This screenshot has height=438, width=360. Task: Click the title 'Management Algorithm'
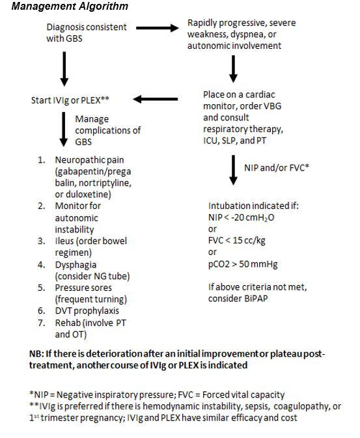click(70, 6)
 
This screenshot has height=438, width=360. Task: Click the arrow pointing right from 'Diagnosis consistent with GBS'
click(158, 28)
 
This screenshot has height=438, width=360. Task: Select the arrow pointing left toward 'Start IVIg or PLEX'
click(156, 99)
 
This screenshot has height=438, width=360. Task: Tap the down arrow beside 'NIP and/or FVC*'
click(234, 170)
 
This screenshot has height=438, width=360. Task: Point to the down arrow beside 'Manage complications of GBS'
click(64, 129)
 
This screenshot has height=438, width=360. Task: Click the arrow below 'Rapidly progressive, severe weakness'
click(234, 69)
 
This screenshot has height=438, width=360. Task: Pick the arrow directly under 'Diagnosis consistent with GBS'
click(64, 69)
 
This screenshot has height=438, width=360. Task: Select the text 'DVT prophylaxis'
click(87, 310)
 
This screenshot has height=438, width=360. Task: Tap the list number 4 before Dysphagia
click(42, 264)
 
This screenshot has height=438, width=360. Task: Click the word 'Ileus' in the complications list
click(64, 241)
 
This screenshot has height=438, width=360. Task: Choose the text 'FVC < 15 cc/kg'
click(237, 241)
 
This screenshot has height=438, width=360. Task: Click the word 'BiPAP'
click(256, 298)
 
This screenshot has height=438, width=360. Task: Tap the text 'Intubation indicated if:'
click(253, 206)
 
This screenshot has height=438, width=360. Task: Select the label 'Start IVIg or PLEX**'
click(70, 100)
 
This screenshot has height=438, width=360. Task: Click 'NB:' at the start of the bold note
click(36, 354)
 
